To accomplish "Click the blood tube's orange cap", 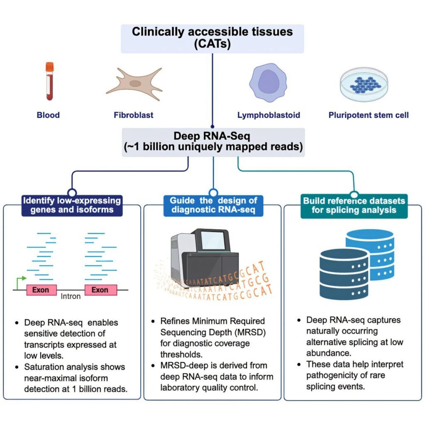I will [50, 66].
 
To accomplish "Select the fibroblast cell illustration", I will [134, 83].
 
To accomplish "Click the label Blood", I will [48, 115].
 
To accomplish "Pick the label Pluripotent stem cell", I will [369, 115].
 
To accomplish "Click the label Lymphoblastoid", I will [269, 115].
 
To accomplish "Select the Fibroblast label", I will [134, 115].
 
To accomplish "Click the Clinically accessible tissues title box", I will [212, 38].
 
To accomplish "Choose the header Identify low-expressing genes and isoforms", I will [72, 205].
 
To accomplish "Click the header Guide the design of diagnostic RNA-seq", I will [213, 205].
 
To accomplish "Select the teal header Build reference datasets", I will [354, 205].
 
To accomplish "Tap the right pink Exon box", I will [100, 290].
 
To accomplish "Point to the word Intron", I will [71, 297].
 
